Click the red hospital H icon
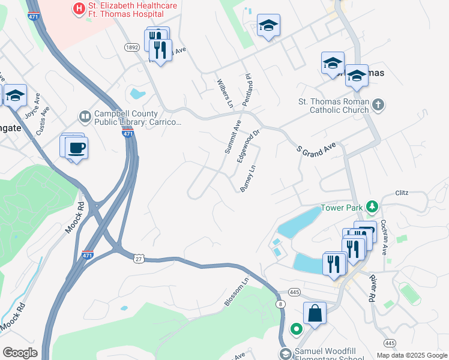point(77,8)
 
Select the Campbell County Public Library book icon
point(85,116)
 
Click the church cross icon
point(378,106)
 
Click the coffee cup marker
point(76,147)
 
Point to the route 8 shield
point(281,304)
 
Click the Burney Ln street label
point(248,179)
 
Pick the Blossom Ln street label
point(236,293)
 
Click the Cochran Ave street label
point(385,233)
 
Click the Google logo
point(20,353)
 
